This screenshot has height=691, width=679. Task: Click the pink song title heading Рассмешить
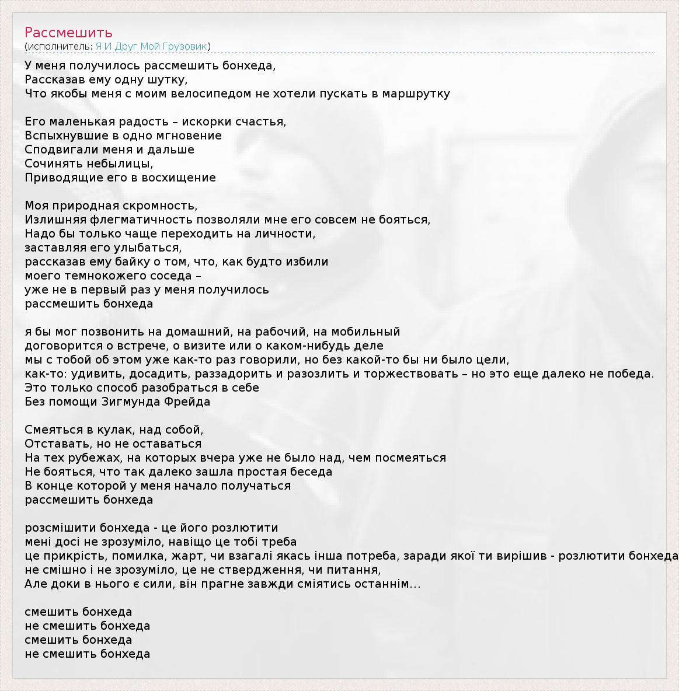coord(68,33)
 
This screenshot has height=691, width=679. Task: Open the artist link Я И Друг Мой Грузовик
coord(151,47)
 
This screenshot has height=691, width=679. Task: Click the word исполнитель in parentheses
coord(59,47)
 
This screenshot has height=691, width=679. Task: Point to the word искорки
coord(207,122)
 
